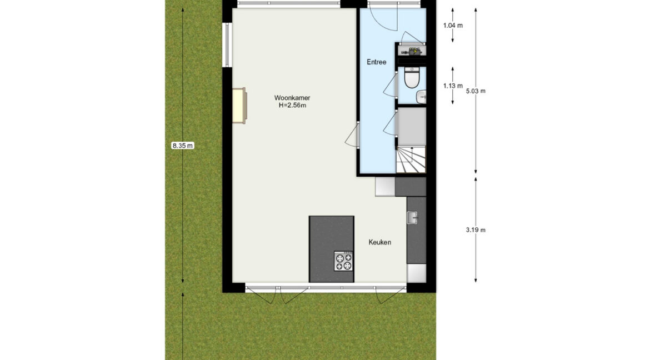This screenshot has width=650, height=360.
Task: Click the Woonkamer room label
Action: tap(292, 98)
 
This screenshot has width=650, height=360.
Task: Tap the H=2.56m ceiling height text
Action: tap(292, 106)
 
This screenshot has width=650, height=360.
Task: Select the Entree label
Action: tap(377, 62)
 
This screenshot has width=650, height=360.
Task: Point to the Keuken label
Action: tap(379, 242)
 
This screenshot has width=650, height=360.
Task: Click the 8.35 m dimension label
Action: tap(183, 146)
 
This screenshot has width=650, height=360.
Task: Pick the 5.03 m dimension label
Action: tap(476, 91)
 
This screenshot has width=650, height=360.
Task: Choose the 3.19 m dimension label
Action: tap(476, 230)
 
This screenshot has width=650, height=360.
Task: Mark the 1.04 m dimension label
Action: tap(453, 26)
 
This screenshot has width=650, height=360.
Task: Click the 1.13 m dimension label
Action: tap(453, 86)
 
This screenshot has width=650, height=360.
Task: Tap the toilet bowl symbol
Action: tap(412, 78)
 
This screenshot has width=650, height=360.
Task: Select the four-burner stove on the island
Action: tap(344, 261)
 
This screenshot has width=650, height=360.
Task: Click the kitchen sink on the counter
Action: tap(412, 217)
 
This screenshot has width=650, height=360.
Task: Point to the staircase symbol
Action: tap(411, 159)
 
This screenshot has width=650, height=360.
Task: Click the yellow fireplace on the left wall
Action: tap(239, 106)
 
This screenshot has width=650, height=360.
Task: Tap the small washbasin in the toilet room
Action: tap(422, 97)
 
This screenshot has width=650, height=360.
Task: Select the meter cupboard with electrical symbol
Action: tap(412, 51)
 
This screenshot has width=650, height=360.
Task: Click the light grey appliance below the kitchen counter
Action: tap(416, 273)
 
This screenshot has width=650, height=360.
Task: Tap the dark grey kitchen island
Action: tap(331, 249)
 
